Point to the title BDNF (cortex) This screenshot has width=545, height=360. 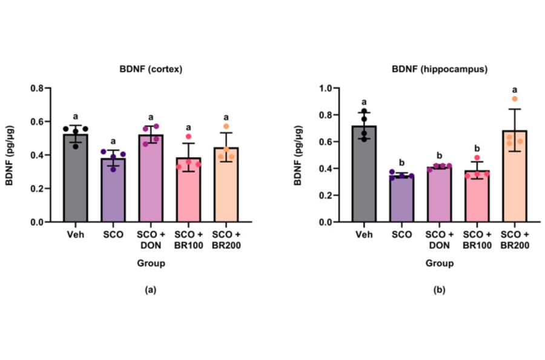(x=150, y=70)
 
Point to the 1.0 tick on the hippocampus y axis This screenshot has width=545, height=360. (x=328, y=88)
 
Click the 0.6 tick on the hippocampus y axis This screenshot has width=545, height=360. (x=328, y=142)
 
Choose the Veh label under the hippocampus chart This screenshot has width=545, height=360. (x=363, y=235)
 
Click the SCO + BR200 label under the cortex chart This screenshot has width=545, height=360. (x=225, y=239)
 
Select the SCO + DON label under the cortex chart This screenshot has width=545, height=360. (x=150, y=239)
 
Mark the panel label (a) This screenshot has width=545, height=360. (x=150, y=290)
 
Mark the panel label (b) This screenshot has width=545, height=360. (x=440, y=290)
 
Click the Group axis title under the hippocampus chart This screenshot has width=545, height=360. (x=440, y=264)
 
